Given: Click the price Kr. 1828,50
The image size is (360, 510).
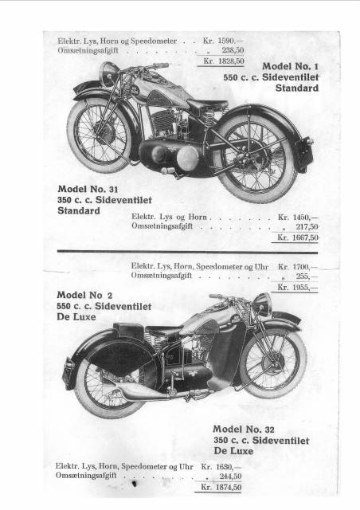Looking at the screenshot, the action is [224, 61].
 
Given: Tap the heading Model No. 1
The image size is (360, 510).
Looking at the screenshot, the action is [291, 66].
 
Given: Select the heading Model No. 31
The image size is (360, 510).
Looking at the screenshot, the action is [88, 189].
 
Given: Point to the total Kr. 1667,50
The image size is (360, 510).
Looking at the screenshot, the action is [298, 237].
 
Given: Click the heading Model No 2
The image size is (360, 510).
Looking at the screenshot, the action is [84, 296].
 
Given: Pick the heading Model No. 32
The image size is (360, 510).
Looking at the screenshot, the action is [244, 430].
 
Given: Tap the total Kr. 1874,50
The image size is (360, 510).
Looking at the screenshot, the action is [221, 487].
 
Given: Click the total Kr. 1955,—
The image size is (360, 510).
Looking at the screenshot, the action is [298, 288].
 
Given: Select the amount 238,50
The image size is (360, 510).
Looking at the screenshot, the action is [233, 50].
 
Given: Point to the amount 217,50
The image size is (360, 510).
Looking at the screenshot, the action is [307, 226].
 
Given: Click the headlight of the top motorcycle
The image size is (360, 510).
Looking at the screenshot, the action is [108, 74].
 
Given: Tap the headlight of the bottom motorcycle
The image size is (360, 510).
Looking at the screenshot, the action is [262, 304].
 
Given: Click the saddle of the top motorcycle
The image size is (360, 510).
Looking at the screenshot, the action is [208, 104].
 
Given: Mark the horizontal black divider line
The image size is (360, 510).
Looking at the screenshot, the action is [188, 252].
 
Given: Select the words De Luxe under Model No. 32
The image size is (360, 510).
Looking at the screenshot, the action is [233, 451].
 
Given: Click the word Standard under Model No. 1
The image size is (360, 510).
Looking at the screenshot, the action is [297, 88].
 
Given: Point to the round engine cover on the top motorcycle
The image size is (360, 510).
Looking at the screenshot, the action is [188, 158].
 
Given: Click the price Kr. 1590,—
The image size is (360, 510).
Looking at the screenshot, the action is [223, 41].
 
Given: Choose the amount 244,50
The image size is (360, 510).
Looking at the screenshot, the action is [230, 477].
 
